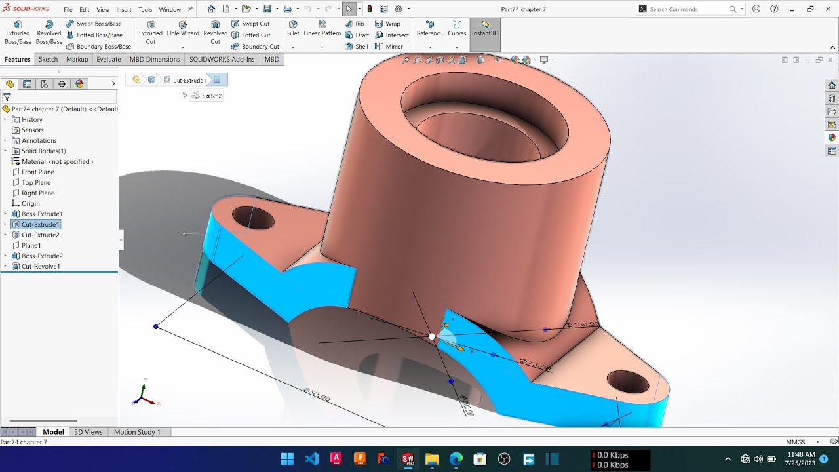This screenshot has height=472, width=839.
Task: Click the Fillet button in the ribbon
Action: [x=293, y=28]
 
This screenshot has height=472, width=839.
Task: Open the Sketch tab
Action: [x=48, y=59]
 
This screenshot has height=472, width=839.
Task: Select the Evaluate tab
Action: [x=108, y=59]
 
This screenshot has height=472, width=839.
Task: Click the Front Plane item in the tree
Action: [x=37, y=172]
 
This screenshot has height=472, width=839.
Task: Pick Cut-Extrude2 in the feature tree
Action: [x=40, y=235]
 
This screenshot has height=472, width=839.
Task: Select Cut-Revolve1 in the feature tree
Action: [x=41, y=266]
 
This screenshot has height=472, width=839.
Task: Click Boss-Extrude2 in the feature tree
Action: [x=42, y=256]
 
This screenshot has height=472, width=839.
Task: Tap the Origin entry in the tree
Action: [x=30, y=203]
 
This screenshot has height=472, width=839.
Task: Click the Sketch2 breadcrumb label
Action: [x=211, y=96]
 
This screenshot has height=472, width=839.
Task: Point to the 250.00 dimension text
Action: [x=317, y=395]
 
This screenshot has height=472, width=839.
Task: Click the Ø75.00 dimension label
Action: [x=535, y=365]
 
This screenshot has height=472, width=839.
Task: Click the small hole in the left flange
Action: [x=253, y=218]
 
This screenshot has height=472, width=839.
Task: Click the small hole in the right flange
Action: [x=627, y=381]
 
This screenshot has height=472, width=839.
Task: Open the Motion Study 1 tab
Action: [x=137, y=432]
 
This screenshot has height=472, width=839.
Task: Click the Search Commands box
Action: [x=688, y=9]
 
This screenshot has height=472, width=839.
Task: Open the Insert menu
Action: [x=123, y=10]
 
